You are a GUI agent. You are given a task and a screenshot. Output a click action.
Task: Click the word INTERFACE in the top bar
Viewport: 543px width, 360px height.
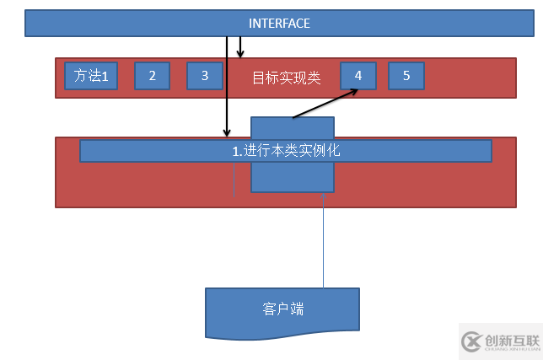[279, 24]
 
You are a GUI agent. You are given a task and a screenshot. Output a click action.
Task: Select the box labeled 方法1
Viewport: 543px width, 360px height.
[91, 76]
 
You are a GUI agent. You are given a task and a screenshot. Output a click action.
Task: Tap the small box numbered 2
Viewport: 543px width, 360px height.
[152, 76]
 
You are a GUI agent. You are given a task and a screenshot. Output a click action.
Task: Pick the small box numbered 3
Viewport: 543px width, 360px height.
[205, 76]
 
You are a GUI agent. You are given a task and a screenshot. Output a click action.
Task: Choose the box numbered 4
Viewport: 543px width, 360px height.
[358, 76]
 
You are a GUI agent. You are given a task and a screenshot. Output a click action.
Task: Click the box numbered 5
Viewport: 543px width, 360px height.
[406, 76]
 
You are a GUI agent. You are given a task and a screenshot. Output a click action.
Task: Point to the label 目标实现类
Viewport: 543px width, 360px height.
[287, 78]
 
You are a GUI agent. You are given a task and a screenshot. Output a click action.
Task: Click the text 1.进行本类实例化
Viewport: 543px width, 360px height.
[286, 151]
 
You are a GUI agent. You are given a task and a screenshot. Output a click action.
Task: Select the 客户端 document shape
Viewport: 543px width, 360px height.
[282, 309]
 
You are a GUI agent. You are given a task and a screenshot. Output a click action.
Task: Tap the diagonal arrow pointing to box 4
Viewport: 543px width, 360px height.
[325, 104]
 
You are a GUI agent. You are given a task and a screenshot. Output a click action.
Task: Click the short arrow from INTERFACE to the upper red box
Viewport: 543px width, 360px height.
[240, 46]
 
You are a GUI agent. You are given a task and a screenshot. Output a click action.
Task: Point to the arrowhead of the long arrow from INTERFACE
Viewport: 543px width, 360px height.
[226, 132]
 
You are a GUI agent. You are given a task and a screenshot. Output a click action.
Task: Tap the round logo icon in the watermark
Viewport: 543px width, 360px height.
[471, 341]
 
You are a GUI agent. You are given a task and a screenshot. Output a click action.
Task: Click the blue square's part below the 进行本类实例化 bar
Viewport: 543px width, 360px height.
[293, 177]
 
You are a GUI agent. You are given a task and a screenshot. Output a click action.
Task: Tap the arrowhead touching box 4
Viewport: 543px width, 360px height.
[351, 89]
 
